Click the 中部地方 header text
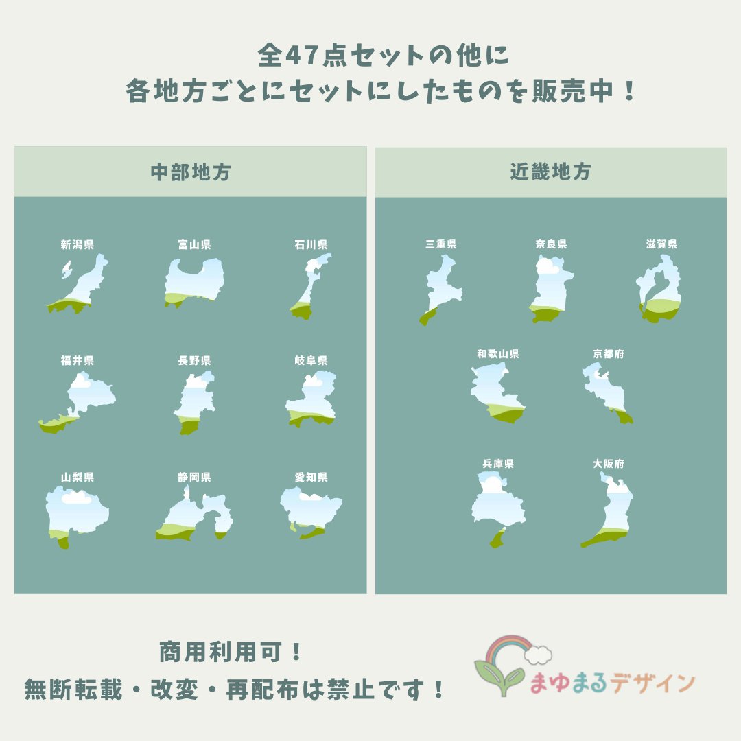pyautogui.click(x=191, y=172)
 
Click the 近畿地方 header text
pyautogui.click(x=550, y=172)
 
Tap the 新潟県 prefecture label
pyautogui.click(x=78, y=244)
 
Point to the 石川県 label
pyautogui.click(x=311, y=244)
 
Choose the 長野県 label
pyautogui.click(x=194, y=361)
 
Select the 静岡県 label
pyautogui.click(x=194, y=478)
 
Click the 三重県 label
pyautogui.click(x=441, y=244)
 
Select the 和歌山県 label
pyautogui.click(x=498, y=354)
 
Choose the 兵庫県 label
pyautogui.click(x=498, y=464)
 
